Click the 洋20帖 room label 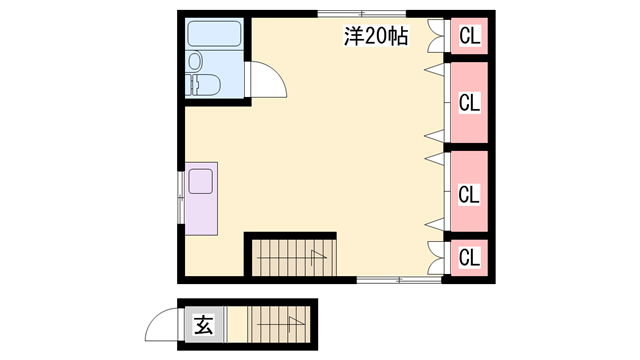[x=376, y=36]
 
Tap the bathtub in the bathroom [x=214, y=34]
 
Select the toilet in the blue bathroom [x=203, y=85]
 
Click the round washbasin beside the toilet [x=195, y=61]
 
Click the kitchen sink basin [x=200, y=181]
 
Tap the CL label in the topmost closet [x=469, y=36]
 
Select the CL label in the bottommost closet [x=469, y=258]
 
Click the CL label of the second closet [x=469, y=102]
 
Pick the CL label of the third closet [x=469, y=194]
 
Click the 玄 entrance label [x=203, y=324]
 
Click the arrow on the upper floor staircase [x=292, y=257]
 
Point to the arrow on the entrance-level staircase [x=281, y=324]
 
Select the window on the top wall [x=362, y=13]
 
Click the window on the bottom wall [x=399, y=280]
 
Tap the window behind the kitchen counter [x=181, y=198]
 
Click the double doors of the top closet [x=436, y=36]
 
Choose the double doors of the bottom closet [x=436, y=258]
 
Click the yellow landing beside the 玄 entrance [x=237, y=324]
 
